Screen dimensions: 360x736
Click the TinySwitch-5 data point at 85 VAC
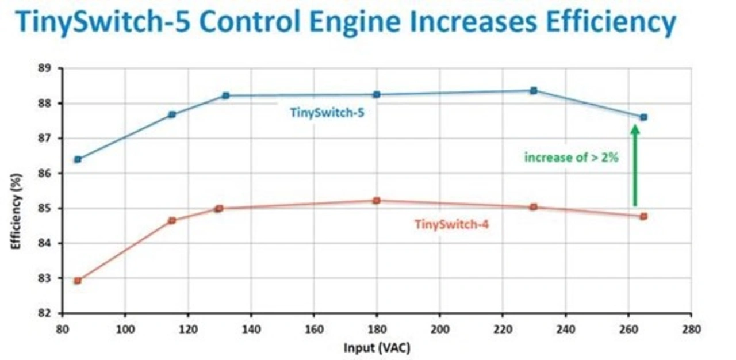[x=78, y=159]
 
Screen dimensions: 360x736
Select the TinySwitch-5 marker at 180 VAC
[x=377, y=94]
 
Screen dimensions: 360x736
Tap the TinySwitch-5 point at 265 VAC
[x=643, y=117]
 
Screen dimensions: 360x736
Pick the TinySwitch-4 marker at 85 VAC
[x=78, y=281]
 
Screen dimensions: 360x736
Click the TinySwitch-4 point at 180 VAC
[x=377, y=201]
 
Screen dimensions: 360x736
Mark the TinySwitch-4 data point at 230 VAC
[x=534, y=207]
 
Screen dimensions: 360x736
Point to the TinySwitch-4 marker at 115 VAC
[x=172, y=220]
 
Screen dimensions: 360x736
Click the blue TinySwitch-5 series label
[x=327, y=113]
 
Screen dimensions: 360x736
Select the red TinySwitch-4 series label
[x=451, y=224]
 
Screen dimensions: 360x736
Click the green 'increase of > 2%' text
[x=571, y=156]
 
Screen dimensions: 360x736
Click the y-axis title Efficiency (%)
[x=17, y=212]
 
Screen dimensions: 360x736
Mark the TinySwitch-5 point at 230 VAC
[x=534, y=90]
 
